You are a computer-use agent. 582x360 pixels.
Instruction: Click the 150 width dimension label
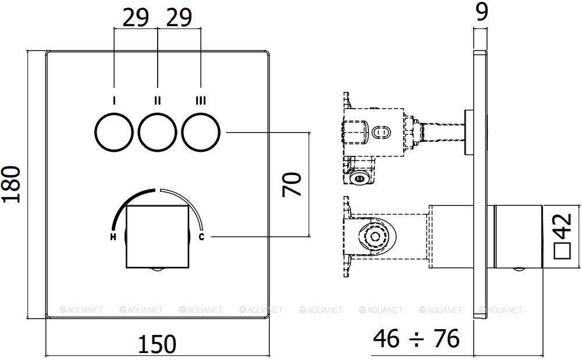coord(157,344)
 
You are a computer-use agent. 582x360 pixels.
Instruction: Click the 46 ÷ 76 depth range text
coord(416,338)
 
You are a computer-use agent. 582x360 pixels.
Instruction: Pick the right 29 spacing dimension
coord(179,19)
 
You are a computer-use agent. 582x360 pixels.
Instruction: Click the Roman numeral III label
coord(201,101)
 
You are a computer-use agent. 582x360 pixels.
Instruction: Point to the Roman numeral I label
coord(113,101)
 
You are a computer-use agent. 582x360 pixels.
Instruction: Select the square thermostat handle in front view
coord(157,236)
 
